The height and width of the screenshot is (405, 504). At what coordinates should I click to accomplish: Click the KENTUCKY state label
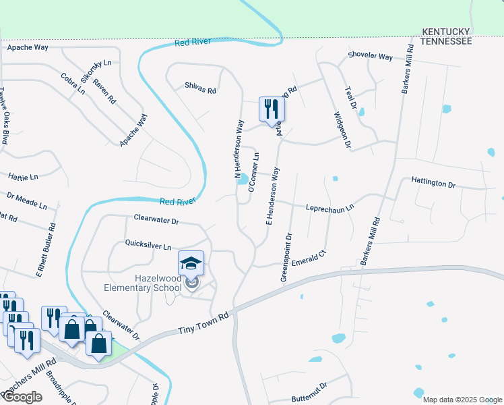(445, 32)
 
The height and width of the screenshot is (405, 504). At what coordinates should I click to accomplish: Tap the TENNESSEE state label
(445, 41)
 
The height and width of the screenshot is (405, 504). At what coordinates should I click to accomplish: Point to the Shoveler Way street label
(370, 57)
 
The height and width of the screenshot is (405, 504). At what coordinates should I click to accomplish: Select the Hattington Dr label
(433, 183)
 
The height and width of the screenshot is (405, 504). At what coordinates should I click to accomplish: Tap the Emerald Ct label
(313, 257)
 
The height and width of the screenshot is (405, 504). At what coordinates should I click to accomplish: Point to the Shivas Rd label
(201, 88)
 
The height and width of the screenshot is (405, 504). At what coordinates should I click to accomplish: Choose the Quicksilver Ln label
(148, 244)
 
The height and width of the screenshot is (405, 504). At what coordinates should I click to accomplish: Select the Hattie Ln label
(24, 177)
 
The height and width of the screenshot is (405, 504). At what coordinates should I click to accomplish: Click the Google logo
(22, 397)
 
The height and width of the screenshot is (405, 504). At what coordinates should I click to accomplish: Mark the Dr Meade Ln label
(27, 200)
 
